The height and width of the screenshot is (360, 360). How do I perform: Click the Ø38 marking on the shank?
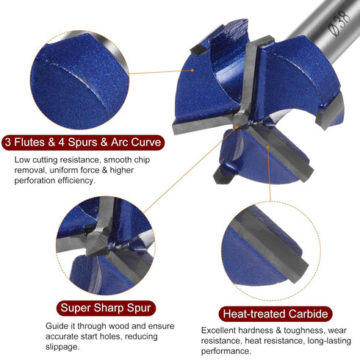339,24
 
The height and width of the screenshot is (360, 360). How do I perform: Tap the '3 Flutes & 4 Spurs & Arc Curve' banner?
83,143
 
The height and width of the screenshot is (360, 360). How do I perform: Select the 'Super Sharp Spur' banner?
106,308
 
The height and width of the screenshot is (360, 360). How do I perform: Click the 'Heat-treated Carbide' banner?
276,314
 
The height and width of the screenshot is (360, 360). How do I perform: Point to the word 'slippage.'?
62,347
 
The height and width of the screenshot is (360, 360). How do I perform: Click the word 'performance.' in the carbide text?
226,351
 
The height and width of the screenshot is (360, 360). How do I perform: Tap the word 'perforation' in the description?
35,181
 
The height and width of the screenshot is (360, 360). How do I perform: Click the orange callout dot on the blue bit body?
192,71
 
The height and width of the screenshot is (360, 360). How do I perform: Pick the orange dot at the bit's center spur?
237,127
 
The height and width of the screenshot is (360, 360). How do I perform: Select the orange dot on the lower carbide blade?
267,147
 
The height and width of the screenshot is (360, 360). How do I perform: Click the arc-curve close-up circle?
79,80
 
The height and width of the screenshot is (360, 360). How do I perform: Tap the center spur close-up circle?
106,245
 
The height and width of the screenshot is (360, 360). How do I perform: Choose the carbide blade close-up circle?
270,251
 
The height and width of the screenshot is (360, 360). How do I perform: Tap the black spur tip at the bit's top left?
200,49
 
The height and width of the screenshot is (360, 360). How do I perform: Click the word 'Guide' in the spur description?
56,326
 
